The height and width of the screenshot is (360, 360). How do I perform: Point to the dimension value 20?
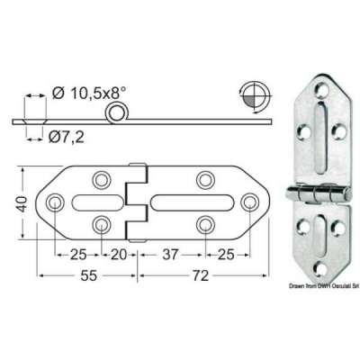coord(118,254)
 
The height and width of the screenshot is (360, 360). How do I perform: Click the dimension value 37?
coord(170,254)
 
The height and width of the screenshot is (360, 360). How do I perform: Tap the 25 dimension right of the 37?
coord(226,254)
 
